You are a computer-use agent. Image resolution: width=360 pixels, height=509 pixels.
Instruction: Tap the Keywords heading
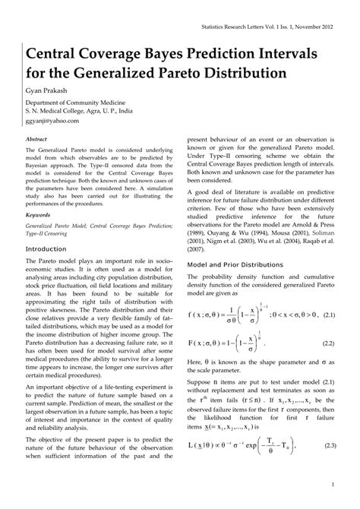pyautogui.click(x=39, y=214)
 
